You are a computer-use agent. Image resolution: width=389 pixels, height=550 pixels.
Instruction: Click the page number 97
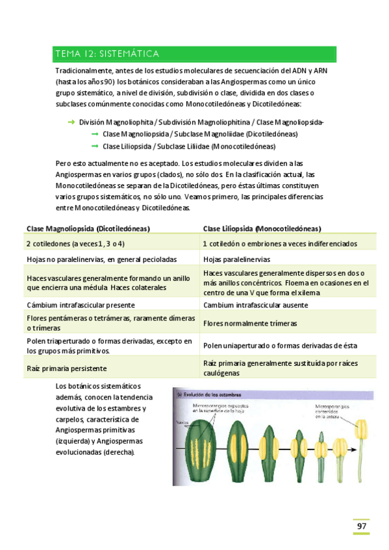click(x=361, y=527)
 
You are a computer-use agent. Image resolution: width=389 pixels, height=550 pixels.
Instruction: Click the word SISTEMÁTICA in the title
click(x=129, y=54)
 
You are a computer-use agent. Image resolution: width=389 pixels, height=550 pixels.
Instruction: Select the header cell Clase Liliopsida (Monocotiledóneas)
click(x=262, y=228)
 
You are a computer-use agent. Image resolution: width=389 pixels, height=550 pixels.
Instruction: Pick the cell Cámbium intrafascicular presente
click(x=81, y=304)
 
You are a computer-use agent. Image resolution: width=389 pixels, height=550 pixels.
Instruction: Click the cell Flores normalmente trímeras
click(x=250, y=322)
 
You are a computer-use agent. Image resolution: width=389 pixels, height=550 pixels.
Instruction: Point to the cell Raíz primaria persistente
click(x=67, y=368)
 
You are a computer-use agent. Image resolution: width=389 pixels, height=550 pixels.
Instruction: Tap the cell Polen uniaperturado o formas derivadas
click(x=279, y=346)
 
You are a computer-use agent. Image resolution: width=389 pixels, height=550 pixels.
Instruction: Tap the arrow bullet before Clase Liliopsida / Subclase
click(x=94, y=146)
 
